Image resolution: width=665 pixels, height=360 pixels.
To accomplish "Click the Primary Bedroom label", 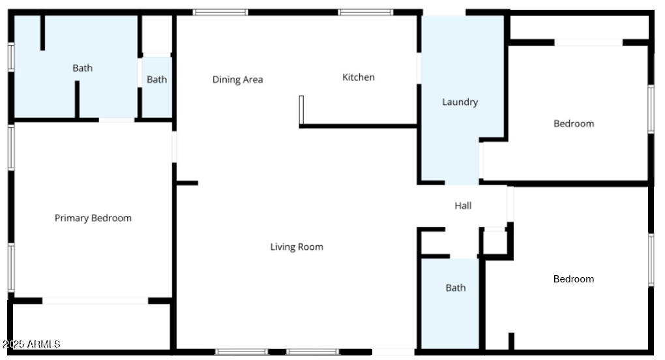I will [x=93, y=218].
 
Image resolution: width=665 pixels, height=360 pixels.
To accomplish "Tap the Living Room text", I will [x=297, y=247].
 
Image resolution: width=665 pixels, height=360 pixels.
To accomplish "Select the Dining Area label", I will [x=237, y=80].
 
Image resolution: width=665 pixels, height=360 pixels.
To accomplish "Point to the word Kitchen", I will [x=359, y=78].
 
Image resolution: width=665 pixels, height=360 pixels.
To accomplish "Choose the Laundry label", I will [x=460, y=102].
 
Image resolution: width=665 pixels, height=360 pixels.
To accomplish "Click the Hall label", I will [x=463, y=206].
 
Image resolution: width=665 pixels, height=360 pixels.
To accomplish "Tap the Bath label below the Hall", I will [x=456, y=288].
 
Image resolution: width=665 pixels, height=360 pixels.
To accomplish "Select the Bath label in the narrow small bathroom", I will [x=156, y=80].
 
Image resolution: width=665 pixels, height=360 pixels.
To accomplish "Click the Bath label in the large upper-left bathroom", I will [x=83, y=68].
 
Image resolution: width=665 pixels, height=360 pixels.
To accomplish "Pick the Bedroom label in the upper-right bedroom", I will [x=574, y=124].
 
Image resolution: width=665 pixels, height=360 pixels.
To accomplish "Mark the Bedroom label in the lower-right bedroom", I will [x=574, y=279].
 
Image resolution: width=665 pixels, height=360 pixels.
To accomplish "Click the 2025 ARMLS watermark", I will [x=31, y=344].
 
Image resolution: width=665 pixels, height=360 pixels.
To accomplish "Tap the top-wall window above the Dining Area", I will [x=220, y=12].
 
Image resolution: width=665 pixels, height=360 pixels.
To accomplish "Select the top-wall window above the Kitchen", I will [x=365, y=12].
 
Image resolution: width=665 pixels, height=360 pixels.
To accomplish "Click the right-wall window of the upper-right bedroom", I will [x=651, y=109].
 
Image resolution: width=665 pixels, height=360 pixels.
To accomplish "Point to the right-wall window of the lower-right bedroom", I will [x=651, y=260].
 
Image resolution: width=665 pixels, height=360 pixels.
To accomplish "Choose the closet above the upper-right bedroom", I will [x=579, y=27].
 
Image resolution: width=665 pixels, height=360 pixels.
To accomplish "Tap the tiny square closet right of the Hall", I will [x=495, y=242].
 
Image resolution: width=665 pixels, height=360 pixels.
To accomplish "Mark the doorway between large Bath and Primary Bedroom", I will [x=117, y=120].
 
